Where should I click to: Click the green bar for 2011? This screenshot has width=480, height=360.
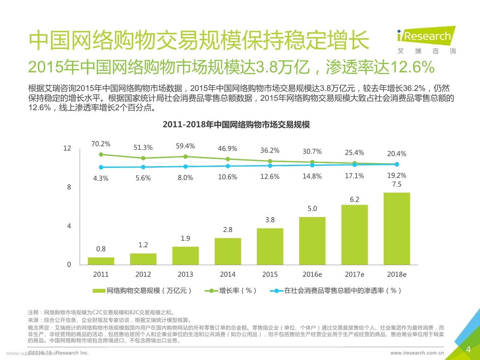click(101, 261)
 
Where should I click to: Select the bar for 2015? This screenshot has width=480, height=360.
click(270, 246)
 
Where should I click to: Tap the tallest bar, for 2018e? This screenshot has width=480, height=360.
click(397, 228)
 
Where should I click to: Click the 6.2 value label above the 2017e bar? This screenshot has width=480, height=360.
click(355, 199)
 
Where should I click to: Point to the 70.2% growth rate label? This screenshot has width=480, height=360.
click(101, 144)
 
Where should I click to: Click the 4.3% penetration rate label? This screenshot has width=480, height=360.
click(101, 178)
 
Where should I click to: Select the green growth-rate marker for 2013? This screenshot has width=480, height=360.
click(185, 157)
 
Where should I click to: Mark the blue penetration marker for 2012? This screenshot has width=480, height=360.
click(143, 167)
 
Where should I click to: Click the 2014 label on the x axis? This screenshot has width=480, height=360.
click(228, 275)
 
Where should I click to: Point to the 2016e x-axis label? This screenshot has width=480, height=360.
click(312, 275)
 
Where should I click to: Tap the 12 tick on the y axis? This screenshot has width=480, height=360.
click(67, 148)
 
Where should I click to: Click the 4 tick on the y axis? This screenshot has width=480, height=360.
click(69, 226)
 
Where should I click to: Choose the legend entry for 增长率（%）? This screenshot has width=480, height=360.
click(232, 291)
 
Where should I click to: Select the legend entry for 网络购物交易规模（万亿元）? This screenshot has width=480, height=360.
click(143, 291)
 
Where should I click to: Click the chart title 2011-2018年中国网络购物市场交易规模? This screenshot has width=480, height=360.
click(236, 125)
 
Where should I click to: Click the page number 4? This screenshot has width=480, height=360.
click(468, 349)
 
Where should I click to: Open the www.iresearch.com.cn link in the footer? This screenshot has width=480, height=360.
click(417, 353)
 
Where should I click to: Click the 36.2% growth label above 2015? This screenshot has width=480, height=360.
click(270, 151)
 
